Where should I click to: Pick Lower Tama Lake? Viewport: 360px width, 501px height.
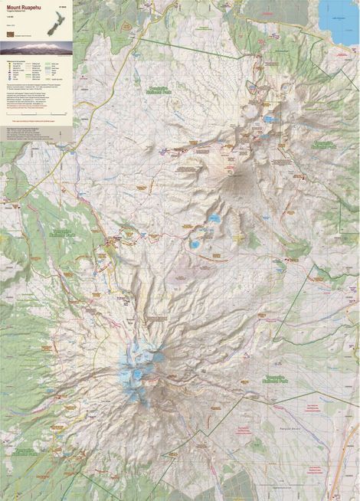tap(196, 245)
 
